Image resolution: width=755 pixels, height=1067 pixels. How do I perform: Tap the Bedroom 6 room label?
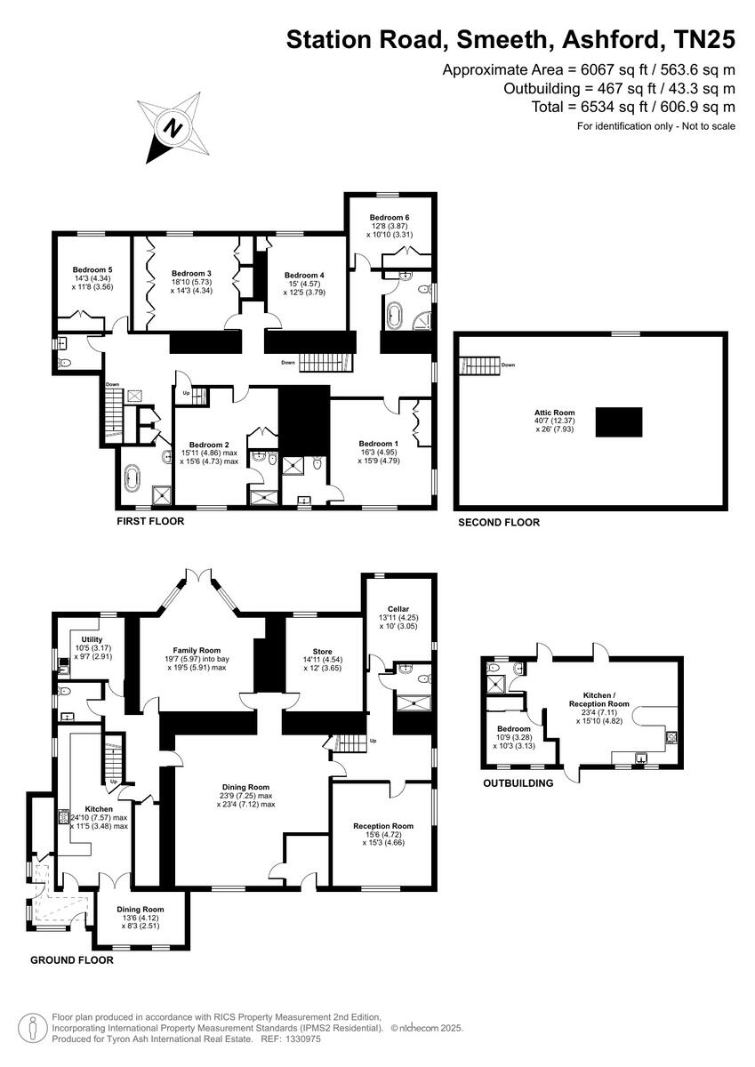[389, 217]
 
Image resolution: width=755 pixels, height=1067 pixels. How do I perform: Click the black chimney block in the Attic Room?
[619, 421]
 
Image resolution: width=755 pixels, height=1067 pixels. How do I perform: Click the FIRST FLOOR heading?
[150, 521]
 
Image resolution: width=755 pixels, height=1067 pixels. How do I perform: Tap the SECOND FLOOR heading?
[498, 523]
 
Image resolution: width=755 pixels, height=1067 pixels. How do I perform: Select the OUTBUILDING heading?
[518, 783]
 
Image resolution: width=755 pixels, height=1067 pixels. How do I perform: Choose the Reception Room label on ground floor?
[383, 826]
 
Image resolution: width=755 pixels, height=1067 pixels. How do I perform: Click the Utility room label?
[91, 639]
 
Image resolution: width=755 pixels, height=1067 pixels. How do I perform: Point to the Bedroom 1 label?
[376, 444]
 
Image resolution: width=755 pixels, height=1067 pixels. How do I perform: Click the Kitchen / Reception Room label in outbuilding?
[605, 698]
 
